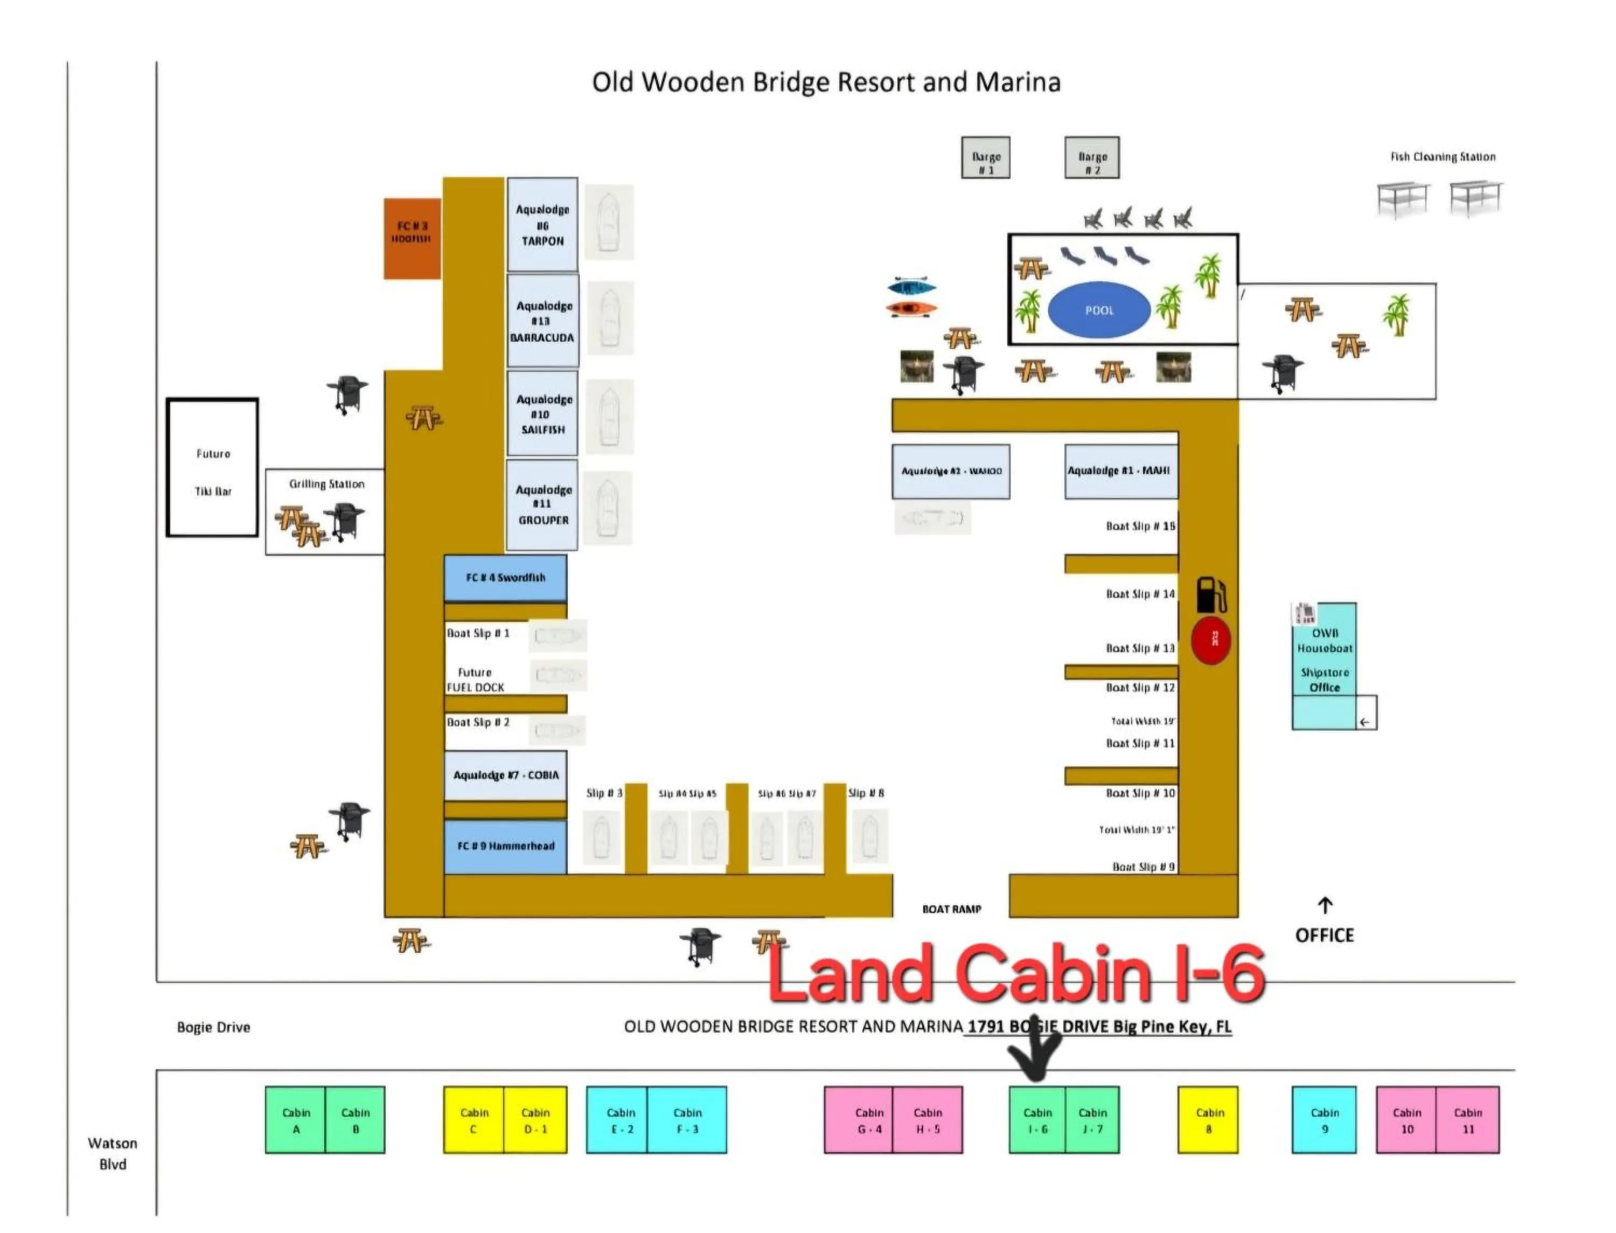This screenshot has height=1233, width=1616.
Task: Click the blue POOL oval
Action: coord(1098,310)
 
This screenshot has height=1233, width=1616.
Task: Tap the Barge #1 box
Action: coord(985,158)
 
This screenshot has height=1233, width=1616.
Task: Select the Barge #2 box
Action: coord(1091,158)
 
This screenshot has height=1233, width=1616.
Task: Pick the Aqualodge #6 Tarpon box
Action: coord(542,225)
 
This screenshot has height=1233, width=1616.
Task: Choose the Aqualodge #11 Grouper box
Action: coord(542,505)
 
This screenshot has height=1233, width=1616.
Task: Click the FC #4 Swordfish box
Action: coord(505,578)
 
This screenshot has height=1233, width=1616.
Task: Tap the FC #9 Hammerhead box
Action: coord(505,846)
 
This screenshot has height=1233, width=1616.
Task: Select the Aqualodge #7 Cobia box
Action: coord(505,775)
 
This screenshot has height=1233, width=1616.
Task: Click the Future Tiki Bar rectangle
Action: coord(213,468)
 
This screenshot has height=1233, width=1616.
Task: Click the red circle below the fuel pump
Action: coord(1210,640)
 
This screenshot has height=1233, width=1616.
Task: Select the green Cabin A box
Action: coord(296,1120)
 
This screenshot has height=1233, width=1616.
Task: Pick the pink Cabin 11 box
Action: coord(1467,1120)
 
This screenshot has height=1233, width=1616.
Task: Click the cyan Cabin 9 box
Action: coord(1324,1120)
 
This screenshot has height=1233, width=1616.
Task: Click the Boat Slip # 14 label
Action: coord(1140,594)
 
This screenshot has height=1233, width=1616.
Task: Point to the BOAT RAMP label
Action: coord(951,909)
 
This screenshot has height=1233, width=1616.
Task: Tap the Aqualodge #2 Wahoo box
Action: coord(951,471)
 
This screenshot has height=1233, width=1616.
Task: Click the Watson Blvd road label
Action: coord(112,1153)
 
